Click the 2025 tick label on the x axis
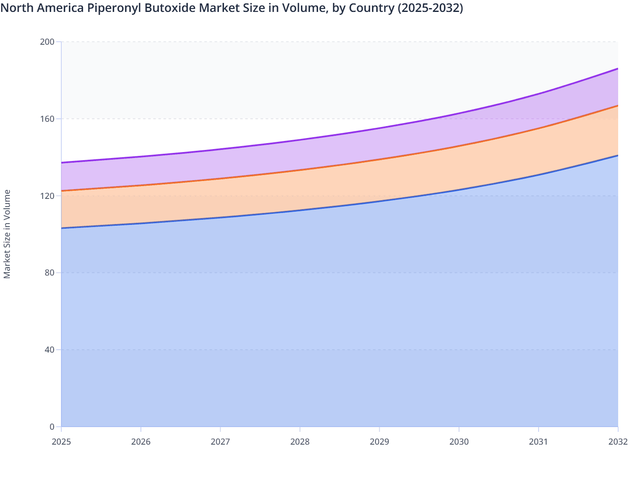point(61,442)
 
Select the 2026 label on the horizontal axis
point(141,442)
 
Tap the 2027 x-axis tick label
point(221,442)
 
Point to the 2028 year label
point(300,442)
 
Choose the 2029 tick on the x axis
point(379,442)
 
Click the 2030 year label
point(459,442)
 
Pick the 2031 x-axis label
point(539,442)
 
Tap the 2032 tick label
point(618,442)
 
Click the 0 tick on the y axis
point(52,427)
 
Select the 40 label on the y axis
point(50,350)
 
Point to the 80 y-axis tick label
point(50,273)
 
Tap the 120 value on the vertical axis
point(48,196)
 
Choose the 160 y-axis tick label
point(48,119)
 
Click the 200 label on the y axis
point(48,42)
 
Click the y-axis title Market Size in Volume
point(7,234)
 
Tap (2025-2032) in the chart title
point(430,8)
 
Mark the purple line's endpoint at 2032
point(618,69)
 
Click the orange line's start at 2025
point(62,191)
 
